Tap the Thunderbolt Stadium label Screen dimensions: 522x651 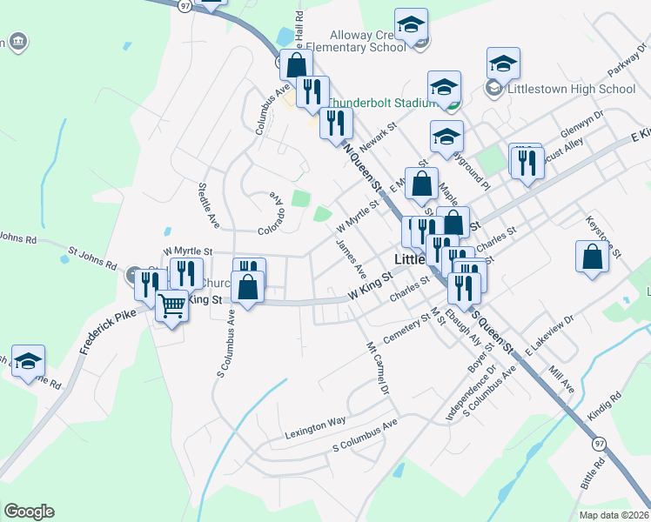pyautogui.click(x=379, y=103)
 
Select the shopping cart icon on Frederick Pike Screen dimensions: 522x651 pyautogui.click(x=172, y=305)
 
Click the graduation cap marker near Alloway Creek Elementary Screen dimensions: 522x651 pyautogui.click(x=412, y=26)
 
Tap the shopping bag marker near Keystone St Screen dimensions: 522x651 pyautogui.click(x=592, y=258)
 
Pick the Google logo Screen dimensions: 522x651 pyautogui.click(x=29, y=512)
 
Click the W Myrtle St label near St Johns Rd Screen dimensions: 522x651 pyautogui.click(x=187, y=251)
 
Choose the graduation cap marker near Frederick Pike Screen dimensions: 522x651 pyautogui.click(x=28, y=362)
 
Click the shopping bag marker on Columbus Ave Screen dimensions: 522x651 pyautogui.click(x=296, y=65)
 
